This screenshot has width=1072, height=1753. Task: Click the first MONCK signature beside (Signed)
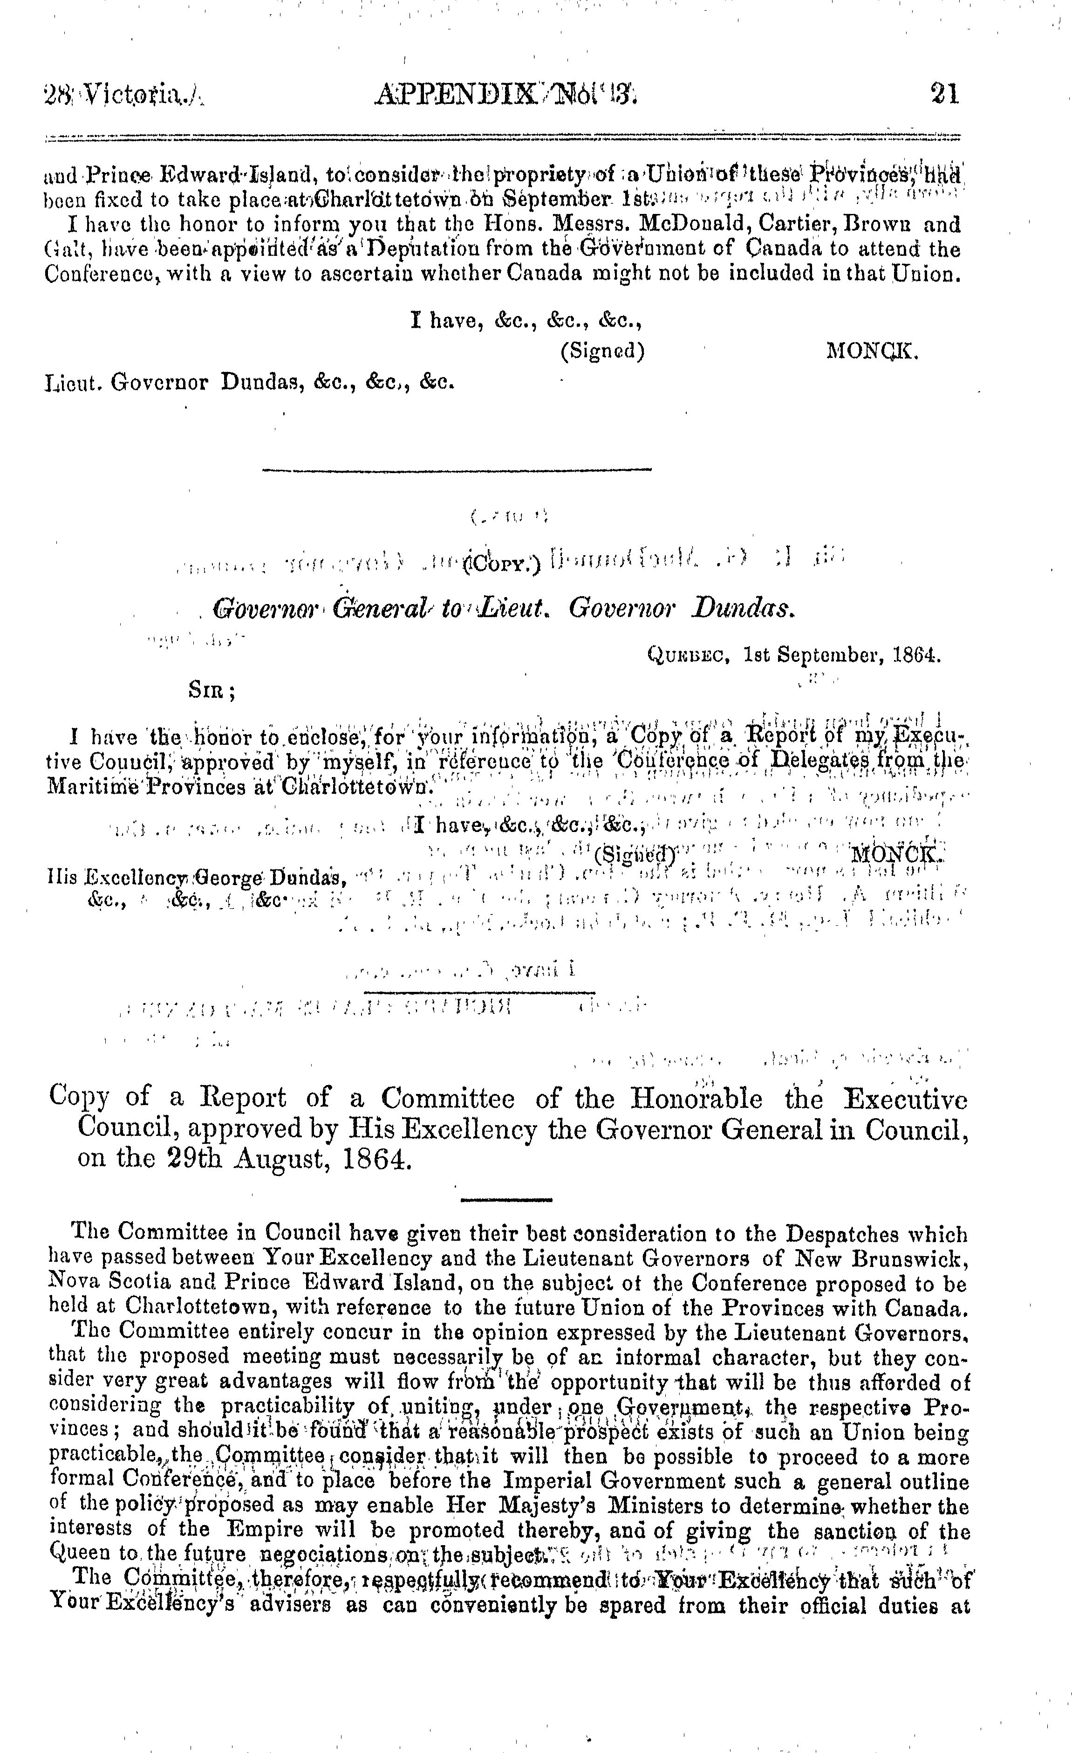(872, 352)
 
